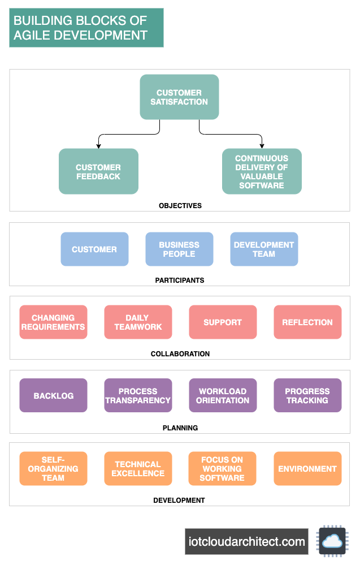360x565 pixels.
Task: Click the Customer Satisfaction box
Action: coord(179,97)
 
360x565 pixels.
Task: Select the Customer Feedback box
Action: coord(98,171)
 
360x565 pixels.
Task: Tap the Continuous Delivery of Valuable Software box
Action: coord(262,171)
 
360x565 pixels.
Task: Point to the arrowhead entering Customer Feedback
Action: coord(98,146)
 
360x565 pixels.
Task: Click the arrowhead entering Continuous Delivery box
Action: coord(262,146)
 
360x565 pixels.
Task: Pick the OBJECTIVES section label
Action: coord(180,206)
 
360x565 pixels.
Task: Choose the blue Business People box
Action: coord(179,249)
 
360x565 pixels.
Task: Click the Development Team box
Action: coord(264,249)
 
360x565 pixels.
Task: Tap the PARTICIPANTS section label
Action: coord(180,280)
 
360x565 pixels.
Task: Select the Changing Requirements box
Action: coord(53,322)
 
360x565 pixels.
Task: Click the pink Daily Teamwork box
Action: coord(138,322)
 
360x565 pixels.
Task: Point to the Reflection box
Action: coord(307,322)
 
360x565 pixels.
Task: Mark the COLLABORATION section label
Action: coord(180,354)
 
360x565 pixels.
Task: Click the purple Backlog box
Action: coord(53,396)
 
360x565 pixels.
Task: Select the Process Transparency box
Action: coord(138,396)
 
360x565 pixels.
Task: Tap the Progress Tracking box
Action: coord(307,396)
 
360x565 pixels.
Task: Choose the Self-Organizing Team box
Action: coord(53,469)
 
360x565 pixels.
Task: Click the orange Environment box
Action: coord(307,469)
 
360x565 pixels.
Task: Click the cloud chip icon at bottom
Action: coord(332,541)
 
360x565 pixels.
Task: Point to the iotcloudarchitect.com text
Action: coord(246,542)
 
